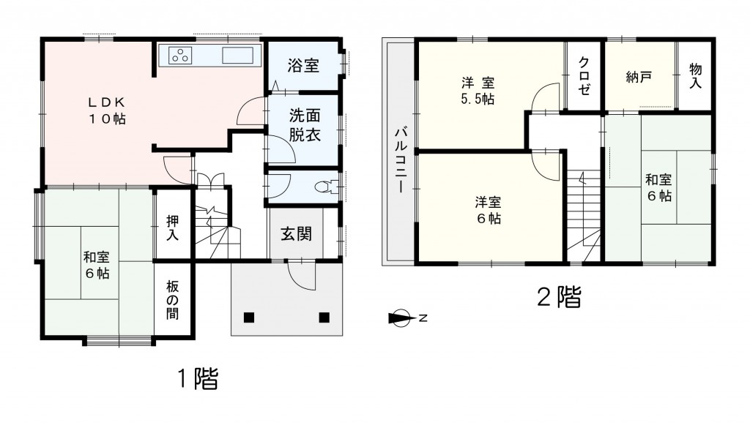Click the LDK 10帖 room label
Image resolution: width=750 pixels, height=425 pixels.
point(108,110)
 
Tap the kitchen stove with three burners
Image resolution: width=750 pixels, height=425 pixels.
point(180,56)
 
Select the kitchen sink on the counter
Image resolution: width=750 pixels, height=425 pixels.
point(237,56)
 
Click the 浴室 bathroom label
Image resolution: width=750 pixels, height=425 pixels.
point(302,66)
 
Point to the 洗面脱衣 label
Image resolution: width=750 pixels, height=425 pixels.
point(302,125)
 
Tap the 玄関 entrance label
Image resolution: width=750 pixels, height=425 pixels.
point(297,234)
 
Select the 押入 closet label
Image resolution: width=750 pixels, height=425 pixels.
point(174,227)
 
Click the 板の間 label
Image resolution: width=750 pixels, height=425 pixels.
point(174,299)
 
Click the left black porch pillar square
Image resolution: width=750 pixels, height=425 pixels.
point(249,317)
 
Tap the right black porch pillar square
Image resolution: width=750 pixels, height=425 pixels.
point(324,317)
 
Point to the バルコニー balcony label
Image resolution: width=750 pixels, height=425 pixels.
point(401,159)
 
